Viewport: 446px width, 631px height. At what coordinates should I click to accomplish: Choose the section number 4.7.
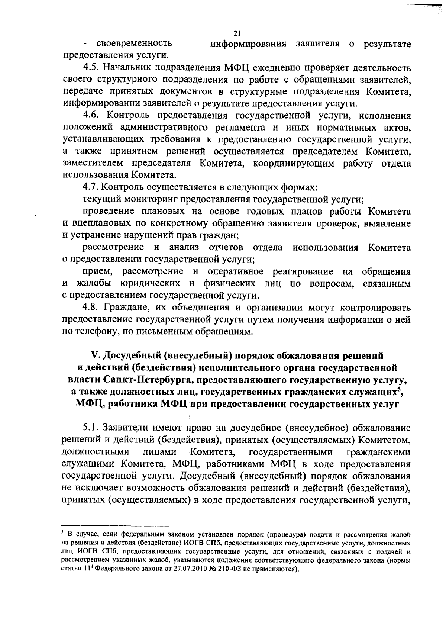[90, 187]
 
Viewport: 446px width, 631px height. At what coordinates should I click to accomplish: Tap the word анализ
[184, 247]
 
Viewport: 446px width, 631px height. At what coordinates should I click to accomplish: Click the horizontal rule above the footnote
[115, 526]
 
